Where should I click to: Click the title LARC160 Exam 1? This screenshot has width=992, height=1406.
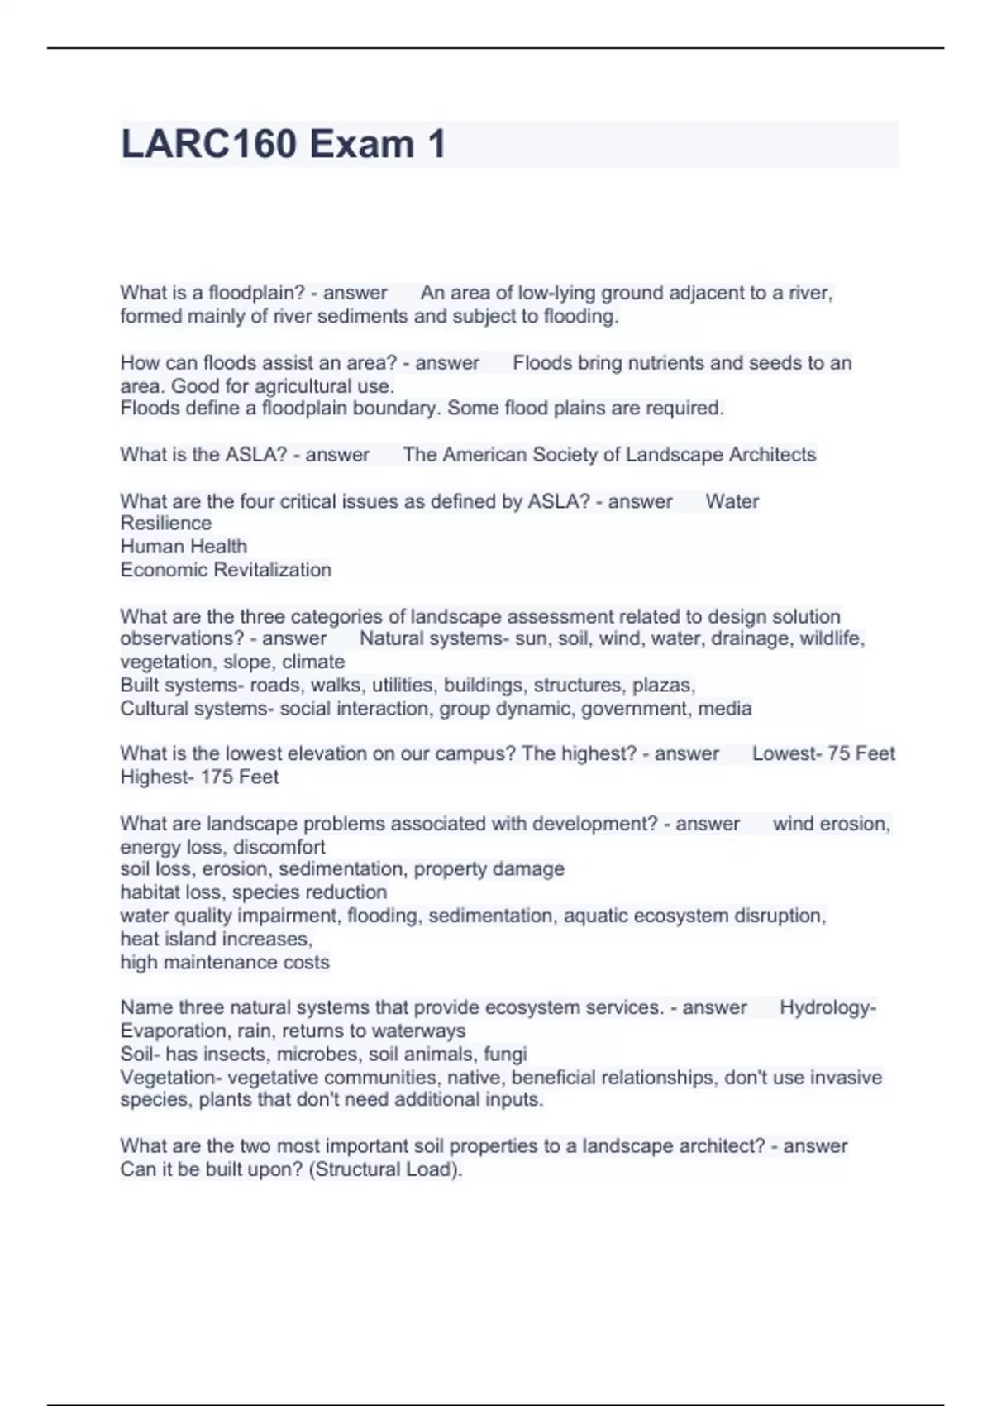click(x=284, y=144)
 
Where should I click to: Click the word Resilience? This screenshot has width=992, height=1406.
click(x=166, y=524)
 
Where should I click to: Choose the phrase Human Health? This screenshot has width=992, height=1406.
click(x=184, y=547)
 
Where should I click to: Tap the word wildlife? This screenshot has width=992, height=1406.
click(x=832, y=638)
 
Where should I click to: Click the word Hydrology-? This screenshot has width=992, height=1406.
click(x=827, y=1007)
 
